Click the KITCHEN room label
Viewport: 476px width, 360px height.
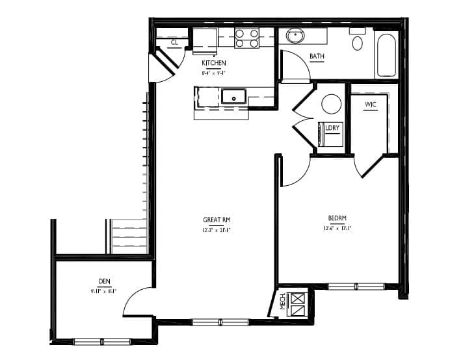(x=213, y=63)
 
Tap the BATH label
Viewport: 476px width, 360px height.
(x=317, y=57)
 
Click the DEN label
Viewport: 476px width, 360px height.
(x=104, y=281)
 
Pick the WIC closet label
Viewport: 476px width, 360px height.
(x=371, y=105)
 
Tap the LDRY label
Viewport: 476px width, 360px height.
(x=332, y=128)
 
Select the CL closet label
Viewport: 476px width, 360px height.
(x=175, y=43)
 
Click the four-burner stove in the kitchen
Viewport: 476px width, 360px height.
(x=246, y=38)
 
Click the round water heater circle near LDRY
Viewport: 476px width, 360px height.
(x=332, y=104)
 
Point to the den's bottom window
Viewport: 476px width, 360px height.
(x=102, y=341)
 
